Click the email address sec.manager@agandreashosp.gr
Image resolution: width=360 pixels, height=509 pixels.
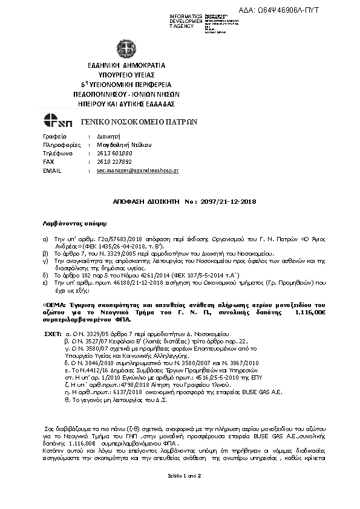pyautogui.click(x=137, y=171)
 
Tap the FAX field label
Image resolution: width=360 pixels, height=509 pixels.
pyautogui.click(x=49, y=162)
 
